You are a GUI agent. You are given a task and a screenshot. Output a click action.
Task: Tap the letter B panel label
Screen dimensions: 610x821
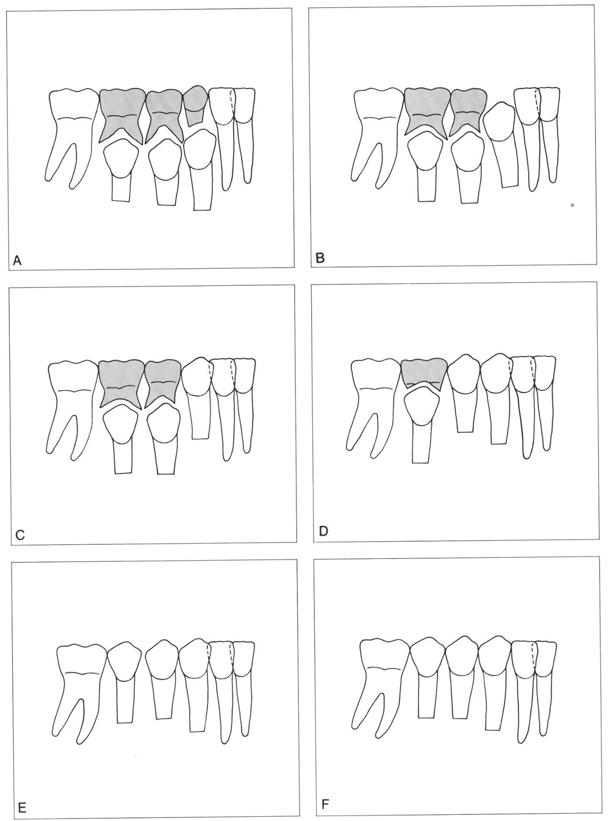pyautogui.click(x=320, y=258)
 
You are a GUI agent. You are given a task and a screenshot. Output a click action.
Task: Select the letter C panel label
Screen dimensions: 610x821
pyautogui.click(x=20, y=535)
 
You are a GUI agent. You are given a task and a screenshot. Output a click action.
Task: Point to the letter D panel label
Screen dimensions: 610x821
pyautogui.click(x=323, y=531)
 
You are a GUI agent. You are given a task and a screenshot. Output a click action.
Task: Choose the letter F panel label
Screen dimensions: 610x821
pyautogui.click(x=325, y=802)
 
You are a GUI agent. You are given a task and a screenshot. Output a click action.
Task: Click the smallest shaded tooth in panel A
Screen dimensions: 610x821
pyautogui.click(x=195, y=105)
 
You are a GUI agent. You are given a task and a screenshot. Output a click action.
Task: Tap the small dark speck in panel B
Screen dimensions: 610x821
pyautogui.click(x=573, y=204)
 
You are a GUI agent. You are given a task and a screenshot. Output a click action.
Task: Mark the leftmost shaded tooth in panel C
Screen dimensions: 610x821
pyautogui.click(x=121, y=383)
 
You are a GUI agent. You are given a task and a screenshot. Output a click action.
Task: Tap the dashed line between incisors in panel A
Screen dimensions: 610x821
pyautogui.click(x=232, y=102)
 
